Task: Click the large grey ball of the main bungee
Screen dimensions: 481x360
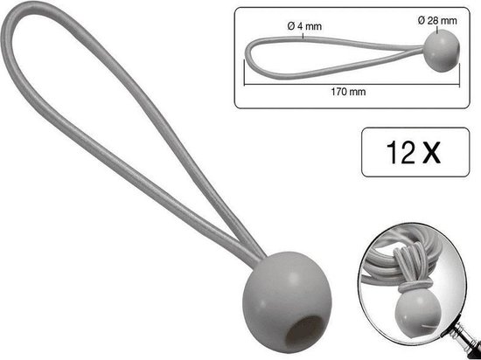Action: tap(287, 301)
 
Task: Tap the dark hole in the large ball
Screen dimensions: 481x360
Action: tap(303, 332)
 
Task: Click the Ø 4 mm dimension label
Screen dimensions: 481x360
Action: tap(304, 26)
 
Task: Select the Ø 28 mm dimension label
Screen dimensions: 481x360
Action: tap(437, 20)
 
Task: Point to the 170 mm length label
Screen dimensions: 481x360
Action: tap(348, 92)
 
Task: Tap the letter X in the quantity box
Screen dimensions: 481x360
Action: tap(431, 152)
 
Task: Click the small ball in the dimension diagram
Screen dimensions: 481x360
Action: tap(442, 51)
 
